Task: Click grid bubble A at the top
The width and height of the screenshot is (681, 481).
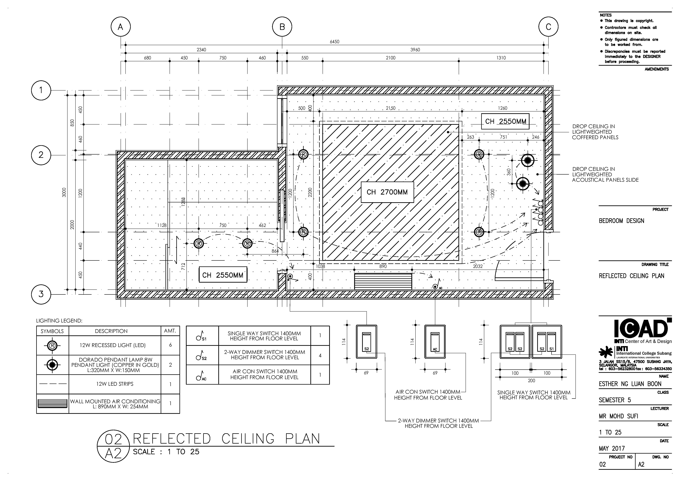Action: pos(120,27)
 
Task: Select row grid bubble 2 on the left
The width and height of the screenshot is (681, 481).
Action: pos(41,155)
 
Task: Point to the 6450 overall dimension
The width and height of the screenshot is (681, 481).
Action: pos(335,42)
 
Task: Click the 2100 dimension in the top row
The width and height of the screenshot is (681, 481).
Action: pos(391,58)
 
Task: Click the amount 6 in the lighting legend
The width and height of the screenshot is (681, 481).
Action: pos(170,345)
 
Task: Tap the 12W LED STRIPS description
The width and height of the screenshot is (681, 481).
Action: pos(115,384)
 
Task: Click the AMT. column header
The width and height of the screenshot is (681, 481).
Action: pos(170,330)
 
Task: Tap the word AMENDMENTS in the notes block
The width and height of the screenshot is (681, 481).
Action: pos(657,69)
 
